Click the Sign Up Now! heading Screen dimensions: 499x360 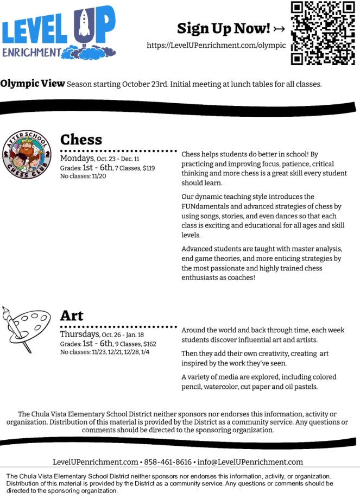click(x=224, y=28)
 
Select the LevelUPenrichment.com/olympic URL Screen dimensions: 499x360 click(x=216, y=46)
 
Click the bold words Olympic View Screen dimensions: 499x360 click(x=32, y=84)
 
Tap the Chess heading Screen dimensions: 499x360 click(x=81, y=140)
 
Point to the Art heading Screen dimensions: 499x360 click(x=72, y=315)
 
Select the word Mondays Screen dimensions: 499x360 click(x=77, y=159)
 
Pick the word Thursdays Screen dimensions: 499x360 click(x=79, y=334)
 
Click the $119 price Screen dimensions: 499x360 click(x=149, y=168)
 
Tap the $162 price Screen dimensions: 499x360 click(x=149, y=344)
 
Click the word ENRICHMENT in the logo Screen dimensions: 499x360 click(x=31, y=52)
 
